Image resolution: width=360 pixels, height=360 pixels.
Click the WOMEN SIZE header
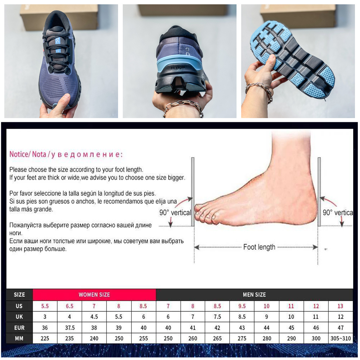pyautogui.click(x=94, y=294)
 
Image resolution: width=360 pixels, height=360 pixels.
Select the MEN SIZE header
pyautogui.click(x=254, y=294)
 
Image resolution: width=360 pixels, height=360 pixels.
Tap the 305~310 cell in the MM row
pyautogui.click(x=341, y=338)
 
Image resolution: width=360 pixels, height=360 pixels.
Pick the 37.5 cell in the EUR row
pyautogui.click(x=69, y=328)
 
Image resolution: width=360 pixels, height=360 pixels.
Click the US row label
pyautogui.click(x=19, y=306)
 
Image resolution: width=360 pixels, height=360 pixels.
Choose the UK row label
pyautogui.click(x=19, y=316)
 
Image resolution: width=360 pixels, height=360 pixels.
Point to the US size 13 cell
pyautogui.click(x=340, y=306)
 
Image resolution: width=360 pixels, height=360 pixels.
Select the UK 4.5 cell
pyautogui.click(x=94, y=316)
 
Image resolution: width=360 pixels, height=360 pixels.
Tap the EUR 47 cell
pyautogui.click(x=341, y=328)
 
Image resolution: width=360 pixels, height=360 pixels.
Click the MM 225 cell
pyautogui.click(x=45, y=338)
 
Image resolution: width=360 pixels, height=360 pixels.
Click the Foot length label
pyautogui.click(x=259, y=247)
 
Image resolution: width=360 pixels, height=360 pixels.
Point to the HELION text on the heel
pyautogui.click(x=178, y=68)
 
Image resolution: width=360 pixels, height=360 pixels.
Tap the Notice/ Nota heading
pyautogui.click(x=28, y=154)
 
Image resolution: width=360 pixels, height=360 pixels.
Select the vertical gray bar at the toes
pyautogui.click(x=193, y=192)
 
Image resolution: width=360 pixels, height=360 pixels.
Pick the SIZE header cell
pyautogui.click(x=19, y=294)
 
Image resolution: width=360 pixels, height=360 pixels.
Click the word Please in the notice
pyautogui.click(x=18, y=170)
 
